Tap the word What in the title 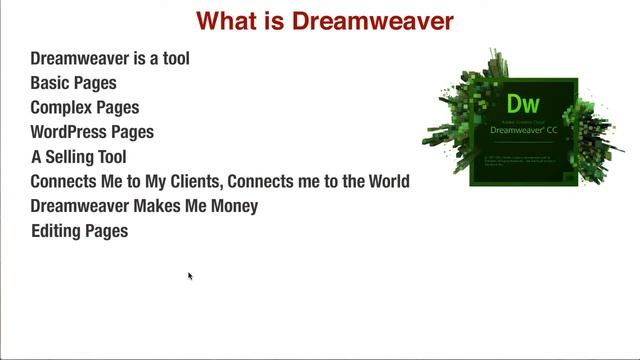[x=225, y=20]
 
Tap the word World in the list [x=387, y=181]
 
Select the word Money [x=230, y=206]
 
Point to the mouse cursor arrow [x=189, y=276]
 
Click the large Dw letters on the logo [x=523, y=103]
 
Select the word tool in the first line [x=172, y=58]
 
